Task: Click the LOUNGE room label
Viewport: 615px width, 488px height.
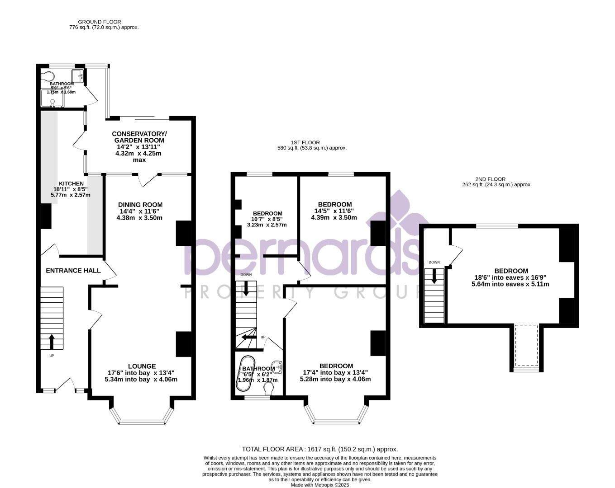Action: [141, 366]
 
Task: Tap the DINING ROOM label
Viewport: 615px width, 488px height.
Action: [140, 205]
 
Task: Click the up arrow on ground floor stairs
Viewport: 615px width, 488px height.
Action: [51, 342]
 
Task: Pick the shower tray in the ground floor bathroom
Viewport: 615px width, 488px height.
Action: [52, 99]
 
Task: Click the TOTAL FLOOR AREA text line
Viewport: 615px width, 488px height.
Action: [319, 449]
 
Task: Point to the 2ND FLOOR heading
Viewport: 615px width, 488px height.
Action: [490, 179]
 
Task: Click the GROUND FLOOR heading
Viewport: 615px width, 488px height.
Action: [99, 22]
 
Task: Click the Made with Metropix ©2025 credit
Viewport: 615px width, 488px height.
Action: [319, 485]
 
